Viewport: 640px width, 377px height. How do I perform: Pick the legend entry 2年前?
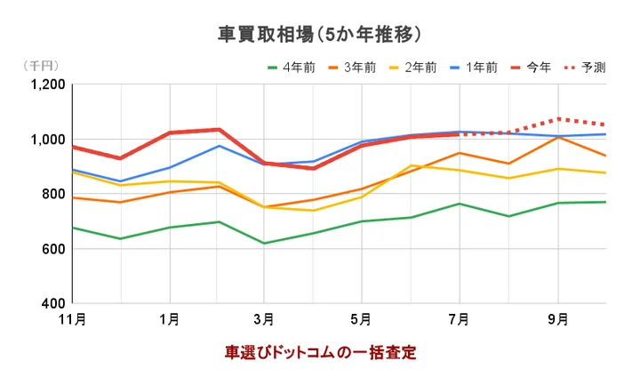(x=420, y=68)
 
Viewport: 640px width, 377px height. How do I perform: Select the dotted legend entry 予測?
(x=594, y=68)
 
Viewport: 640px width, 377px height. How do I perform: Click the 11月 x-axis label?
(x=74, y=319)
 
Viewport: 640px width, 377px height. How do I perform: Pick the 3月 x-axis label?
(x=263, y=319)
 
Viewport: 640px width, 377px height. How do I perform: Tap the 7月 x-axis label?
(x=460, y=319)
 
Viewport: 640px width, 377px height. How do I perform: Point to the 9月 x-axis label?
(x=558, y=319)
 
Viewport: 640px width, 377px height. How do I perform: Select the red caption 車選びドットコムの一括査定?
(x=320, y=352)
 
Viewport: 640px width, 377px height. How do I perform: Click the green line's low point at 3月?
(x=263, y=243)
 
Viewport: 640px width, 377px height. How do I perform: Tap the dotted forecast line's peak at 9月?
(x=558, y=118)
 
